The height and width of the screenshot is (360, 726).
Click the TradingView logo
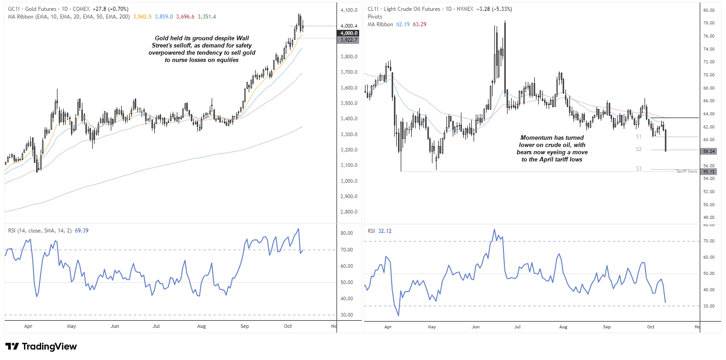coord(41,346)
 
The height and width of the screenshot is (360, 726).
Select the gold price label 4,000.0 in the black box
coord(349,33)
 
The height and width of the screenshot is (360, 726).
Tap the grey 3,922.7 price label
coord(349,40)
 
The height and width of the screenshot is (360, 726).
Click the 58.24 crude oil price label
coord(709,152)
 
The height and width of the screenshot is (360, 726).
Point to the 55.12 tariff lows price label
coord(709,172)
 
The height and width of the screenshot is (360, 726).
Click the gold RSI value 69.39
coord(81,231)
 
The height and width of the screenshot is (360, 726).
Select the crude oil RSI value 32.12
coord(385,231)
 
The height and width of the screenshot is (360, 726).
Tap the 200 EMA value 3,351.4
coord(207,17)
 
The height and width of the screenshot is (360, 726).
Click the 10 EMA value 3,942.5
coord(142,17)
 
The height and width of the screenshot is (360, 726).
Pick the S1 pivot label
coord(639,136)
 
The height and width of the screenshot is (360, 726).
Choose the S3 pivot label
coord(639,169)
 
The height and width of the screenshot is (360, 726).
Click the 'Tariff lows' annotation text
coord(686,171)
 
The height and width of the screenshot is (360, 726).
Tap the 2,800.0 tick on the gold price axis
coord(349,212)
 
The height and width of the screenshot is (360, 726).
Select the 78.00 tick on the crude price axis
coord(709,23)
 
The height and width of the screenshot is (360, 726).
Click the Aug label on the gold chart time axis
coord(201,326)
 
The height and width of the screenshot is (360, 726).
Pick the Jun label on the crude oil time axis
coord(475,327)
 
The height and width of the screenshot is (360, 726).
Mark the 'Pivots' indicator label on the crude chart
coord(375,17)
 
